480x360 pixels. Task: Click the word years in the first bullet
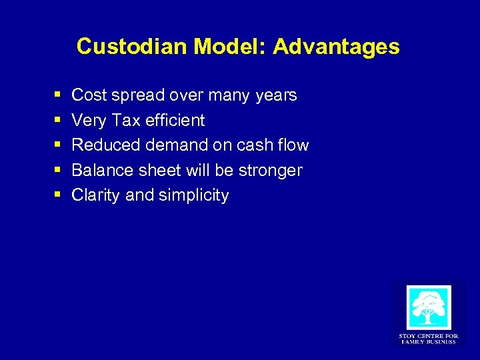276,96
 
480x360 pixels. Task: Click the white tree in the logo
428,307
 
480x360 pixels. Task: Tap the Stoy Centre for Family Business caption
428,338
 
